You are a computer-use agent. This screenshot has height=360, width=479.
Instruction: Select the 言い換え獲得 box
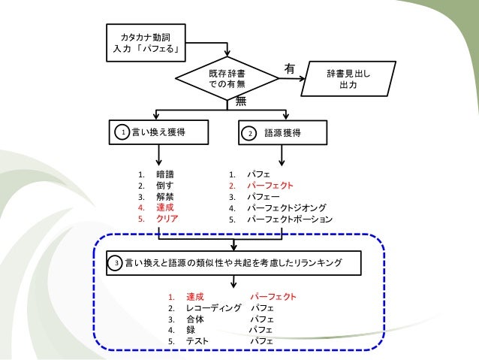(x=158, y=133)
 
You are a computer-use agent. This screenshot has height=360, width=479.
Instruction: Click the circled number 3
(x=116, y=263)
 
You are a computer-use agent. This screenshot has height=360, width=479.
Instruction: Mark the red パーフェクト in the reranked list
(x=273, y=296)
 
